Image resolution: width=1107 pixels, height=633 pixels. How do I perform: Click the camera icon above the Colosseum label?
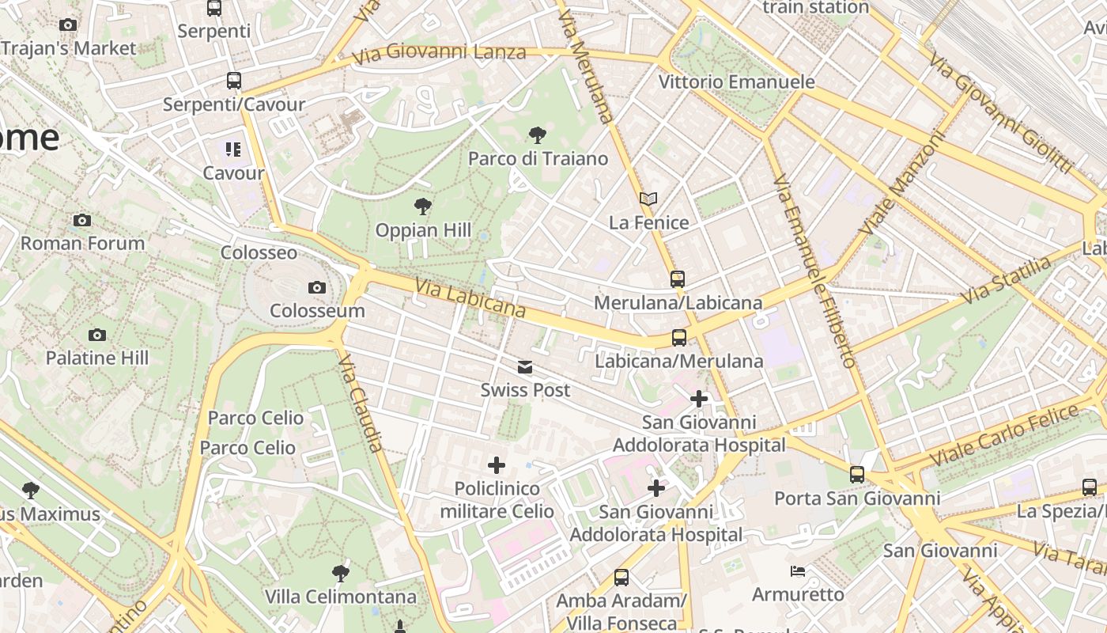point(317,287)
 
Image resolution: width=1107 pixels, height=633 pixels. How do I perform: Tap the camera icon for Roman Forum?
point(82,220)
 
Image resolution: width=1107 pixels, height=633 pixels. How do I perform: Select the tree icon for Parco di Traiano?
point(538,135)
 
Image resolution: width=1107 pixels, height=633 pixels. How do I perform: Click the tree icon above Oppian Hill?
point(423,207)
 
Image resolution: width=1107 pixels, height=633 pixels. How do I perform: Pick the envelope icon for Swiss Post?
point(525,367)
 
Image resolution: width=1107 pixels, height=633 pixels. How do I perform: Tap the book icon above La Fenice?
point(648,199)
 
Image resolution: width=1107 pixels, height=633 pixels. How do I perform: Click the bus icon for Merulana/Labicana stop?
point(678,279)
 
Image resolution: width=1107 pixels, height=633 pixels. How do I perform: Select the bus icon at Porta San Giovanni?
point(857,475)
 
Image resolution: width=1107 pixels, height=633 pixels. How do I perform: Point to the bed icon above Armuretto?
point(798,570)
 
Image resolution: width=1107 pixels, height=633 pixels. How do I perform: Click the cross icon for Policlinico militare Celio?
point(497,465)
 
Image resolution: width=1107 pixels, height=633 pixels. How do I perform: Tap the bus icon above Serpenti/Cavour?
point(233,81)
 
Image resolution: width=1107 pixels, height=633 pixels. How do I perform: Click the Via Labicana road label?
point(470,298)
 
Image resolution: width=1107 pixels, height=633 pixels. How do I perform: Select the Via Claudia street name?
point(361,403)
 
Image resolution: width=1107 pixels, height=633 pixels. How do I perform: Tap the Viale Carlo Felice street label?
point(1004,435)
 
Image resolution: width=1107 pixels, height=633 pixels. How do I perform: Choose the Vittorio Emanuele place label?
point(736,81)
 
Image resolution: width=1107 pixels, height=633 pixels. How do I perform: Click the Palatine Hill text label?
point(96,358)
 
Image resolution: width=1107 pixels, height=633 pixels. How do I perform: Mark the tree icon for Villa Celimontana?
point(341,573)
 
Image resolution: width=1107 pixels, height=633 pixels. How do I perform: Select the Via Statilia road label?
point(1007,281)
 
